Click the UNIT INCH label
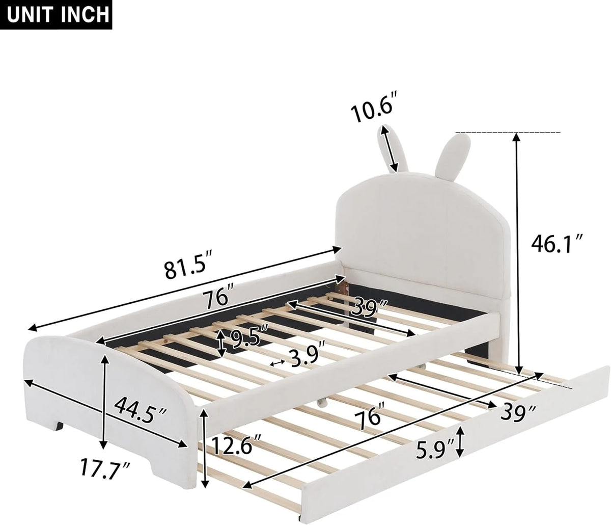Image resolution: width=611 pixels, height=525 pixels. pos(56,14)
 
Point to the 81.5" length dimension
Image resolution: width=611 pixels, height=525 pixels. pos(189,268)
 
